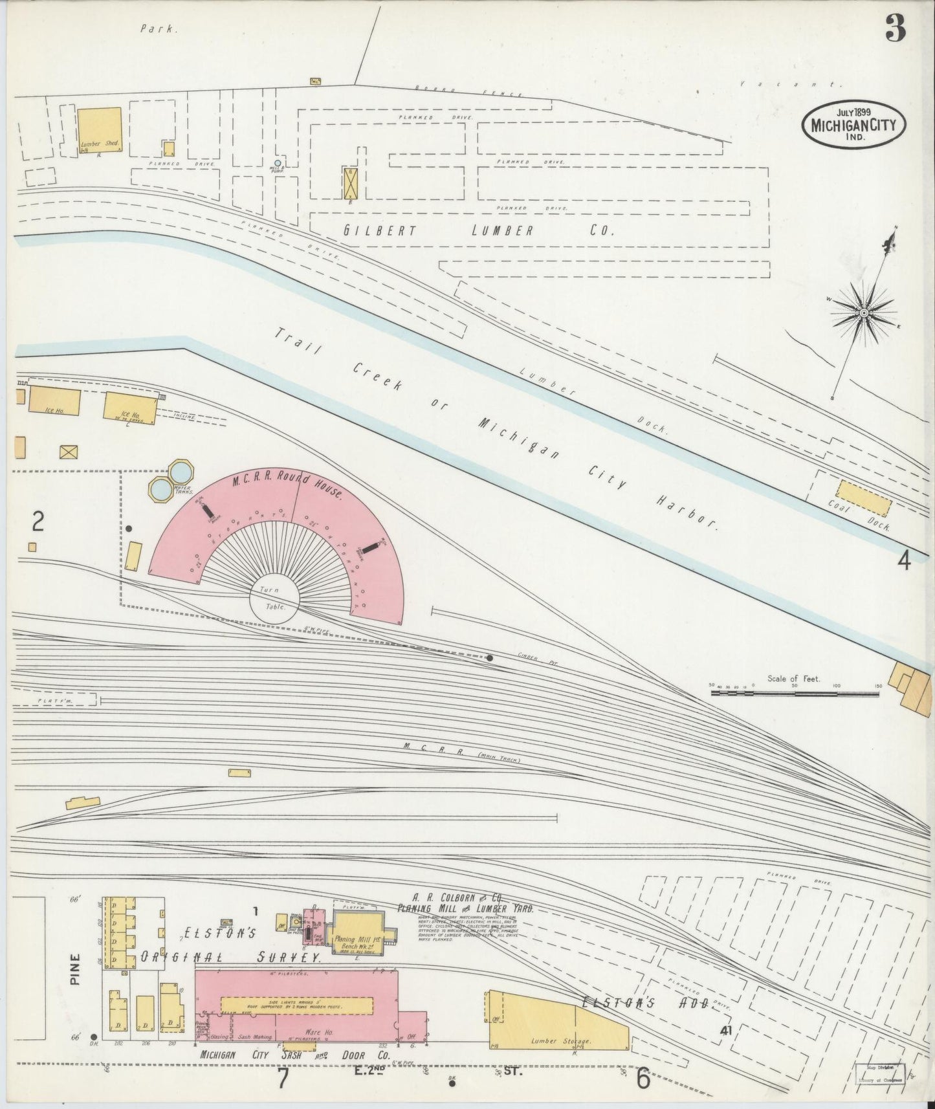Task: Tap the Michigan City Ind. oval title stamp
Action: pos(853,124)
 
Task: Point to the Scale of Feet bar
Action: pos(795,692)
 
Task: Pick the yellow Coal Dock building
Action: pos(863,497)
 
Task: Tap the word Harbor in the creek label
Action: pos(687,511)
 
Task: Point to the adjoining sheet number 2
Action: pos(38,522)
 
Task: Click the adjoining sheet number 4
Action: pos(903,560)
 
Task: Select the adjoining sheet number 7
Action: pos(282,1079)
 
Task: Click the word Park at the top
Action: pos(158,28)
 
